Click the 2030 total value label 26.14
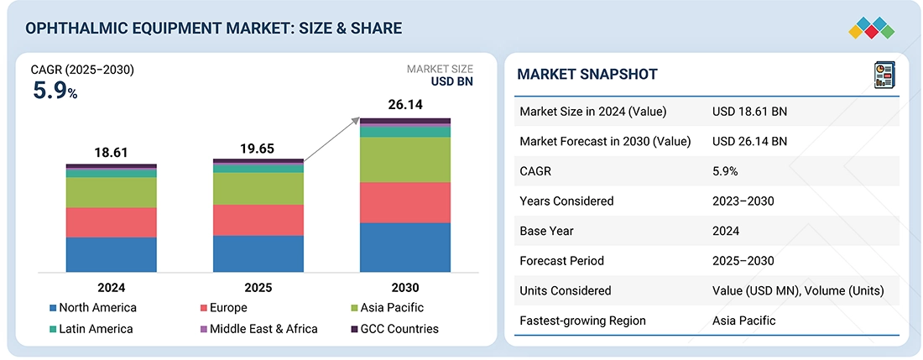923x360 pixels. [404, 104]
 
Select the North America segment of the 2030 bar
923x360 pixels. [404, 247]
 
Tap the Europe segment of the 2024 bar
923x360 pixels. [112, 222]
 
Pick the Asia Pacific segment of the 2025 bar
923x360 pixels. [258, 188]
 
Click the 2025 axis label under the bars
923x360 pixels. [258, 287]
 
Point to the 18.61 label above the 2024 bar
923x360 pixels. [112, 152]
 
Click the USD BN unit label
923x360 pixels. [452, 82]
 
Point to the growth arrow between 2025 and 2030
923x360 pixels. [331, 140]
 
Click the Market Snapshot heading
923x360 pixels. [587, 74]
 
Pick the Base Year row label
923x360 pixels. [545, 231]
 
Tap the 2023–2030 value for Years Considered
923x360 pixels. [743, 201]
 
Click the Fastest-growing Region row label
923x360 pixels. [582, 321]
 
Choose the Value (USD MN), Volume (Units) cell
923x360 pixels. [797, 290]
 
